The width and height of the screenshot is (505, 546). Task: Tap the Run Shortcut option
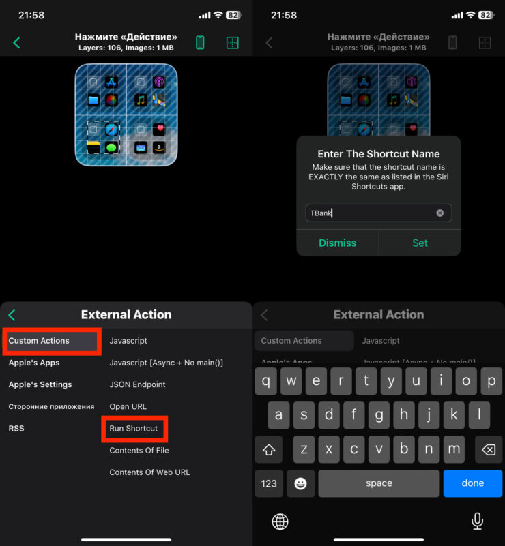(x=134, y=428)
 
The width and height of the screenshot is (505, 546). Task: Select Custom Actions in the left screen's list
(x=39, y=341)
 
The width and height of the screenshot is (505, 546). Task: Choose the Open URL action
(x=128, y=406)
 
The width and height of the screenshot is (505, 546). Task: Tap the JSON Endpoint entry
(x=137, y=384)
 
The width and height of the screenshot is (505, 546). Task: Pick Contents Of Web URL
(x=150, y=472)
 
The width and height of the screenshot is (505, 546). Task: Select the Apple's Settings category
(x=40, y=384)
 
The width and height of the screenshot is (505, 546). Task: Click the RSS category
(x=16, y=428)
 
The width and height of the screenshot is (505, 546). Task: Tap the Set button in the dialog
(x=420, y=243)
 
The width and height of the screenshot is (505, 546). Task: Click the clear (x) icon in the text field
(x=439, y=213)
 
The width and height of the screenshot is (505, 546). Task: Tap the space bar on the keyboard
(x=379, y=483)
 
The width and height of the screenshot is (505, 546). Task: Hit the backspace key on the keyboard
(x=489, y=449)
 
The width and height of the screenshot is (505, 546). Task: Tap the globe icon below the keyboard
(x=280, y=521)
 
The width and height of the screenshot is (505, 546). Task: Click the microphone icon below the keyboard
(x=477, y=521)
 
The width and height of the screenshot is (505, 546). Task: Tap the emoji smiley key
(x=300, y=483)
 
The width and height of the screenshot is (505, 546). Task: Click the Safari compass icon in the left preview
(x=111, y=130)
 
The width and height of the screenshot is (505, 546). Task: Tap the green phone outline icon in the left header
(x=200, y=42)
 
